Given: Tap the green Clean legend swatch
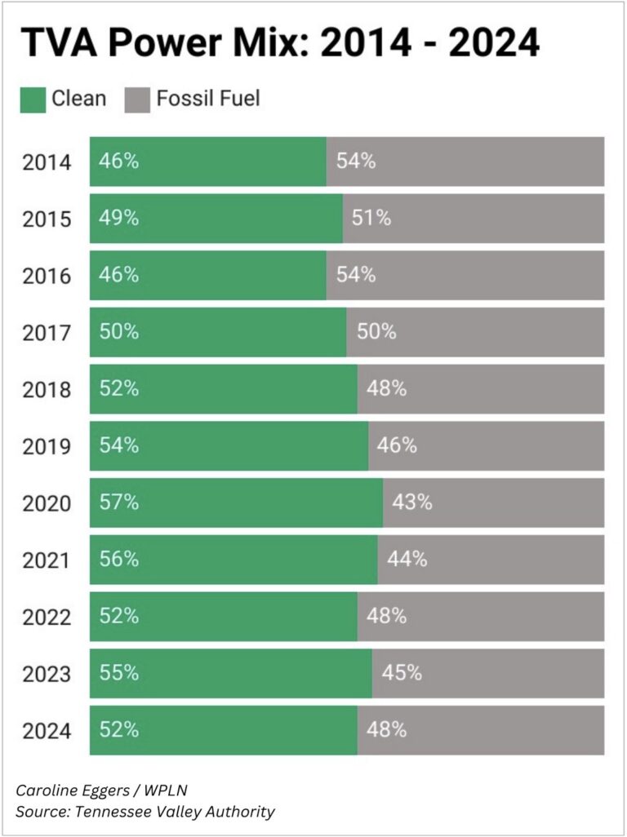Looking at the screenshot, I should pyautogui.click(x=32, y=100).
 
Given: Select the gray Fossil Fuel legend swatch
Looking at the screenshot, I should pyautogui.click(x=137, y=100).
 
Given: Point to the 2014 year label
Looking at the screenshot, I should pyautogui.click(x=46, y=162).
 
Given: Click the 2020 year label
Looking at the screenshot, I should pyautogui.click(x=46, y=503).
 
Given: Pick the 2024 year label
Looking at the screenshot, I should pyautogui.click(x=46, y=731).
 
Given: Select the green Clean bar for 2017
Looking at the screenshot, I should pyautogui.click(x=217, y=332).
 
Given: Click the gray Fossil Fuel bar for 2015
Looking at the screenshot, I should pyautogui.click(x=474, y=219).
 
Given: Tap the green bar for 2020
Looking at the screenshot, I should pyautogui.click(x=236, y=503).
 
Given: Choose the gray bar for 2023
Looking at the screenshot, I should pyautogui.click(x=488, y=673).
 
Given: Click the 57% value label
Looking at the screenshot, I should pyautogui.click(x=118, y=503).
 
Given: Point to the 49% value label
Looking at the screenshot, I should pyautogui.click(x=118, y=219).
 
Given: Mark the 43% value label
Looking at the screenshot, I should pyautogui.click(x=411, y=503).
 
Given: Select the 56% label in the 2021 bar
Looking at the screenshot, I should pyautogui.click(x=118, y=560).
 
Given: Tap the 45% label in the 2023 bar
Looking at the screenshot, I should pyautogui.click(x=402, y=673).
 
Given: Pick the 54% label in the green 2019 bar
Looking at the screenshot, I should pyautogui.click(x=118, y=445).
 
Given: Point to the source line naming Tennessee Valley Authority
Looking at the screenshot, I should pyautogui.click(x=145, y=812).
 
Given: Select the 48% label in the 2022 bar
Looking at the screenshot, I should pyautogui.click(x=386, y=616).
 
